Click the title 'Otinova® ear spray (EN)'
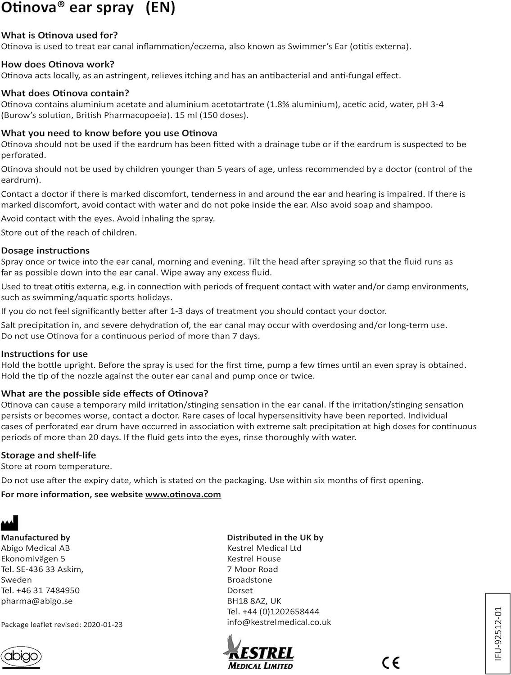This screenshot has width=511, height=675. click(88, 8)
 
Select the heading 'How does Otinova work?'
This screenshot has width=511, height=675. click(58, 64)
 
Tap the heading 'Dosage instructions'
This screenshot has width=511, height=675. click(45, 251)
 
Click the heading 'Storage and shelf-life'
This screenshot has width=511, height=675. click(49, 455)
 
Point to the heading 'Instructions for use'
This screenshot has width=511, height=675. click(45, 354)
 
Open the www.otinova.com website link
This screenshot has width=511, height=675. click(183, 495)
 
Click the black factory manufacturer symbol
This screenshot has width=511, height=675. click(9, 523)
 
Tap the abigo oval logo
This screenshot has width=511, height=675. click(21, 657)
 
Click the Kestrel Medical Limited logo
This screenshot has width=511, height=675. click(258, 653)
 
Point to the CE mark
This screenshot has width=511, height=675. click(390, 662)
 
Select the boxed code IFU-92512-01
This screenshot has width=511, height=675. click(498, 634)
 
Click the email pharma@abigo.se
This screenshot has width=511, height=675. click(37, 601)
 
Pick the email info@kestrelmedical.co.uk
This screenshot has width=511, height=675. click(279, 622)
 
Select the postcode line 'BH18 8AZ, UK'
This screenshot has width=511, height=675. click(254, 601)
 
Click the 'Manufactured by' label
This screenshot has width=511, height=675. click(36, 538)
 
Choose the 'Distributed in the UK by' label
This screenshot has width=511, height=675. click(275, 538)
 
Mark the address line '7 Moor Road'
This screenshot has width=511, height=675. click(253, 569)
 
